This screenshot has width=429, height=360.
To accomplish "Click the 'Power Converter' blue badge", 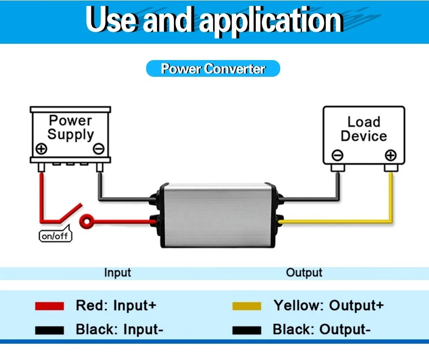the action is click(x=213, y=68).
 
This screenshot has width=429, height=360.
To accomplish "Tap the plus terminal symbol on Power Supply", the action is click(x=42, y=149).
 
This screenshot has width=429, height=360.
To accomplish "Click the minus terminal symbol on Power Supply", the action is click(x=99, y=149).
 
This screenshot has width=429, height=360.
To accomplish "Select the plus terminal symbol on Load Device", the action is click(x=390, y=155).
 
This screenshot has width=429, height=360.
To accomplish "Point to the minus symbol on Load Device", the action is click(x=337, y=155).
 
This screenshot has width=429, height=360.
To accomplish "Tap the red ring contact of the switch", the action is click(x=87, y=221).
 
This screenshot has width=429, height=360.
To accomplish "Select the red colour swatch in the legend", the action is click(x=49, y=306).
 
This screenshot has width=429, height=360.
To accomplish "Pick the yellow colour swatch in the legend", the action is click(x=247, y=306).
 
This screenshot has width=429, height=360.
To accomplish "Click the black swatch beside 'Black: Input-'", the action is click(x=49, y=330).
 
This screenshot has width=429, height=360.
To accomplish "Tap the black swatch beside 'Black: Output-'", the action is click(x=247, y=330).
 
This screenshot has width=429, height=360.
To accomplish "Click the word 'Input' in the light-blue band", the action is click(x=118, y=273).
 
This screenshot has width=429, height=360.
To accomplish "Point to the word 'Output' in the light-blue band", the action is click(x=304, y=273).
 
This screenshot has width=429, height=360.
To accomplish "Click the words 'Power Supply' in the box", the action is click(x=71, y=128).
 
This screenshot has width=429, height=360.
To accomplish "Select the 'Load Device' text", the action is click(x=364, y=129).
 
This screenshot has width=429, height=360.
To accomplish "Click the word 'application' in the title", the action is click(x=271, y=21).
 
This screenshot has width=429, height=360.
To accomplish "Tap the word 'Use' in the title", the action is click(x=110, y=20).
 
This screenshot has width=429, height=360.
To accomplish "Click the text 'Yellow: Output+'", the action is click(x=329, y=305).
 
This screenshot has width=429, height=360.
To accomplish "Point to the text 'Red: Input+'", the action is click(x=116, y=305).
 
